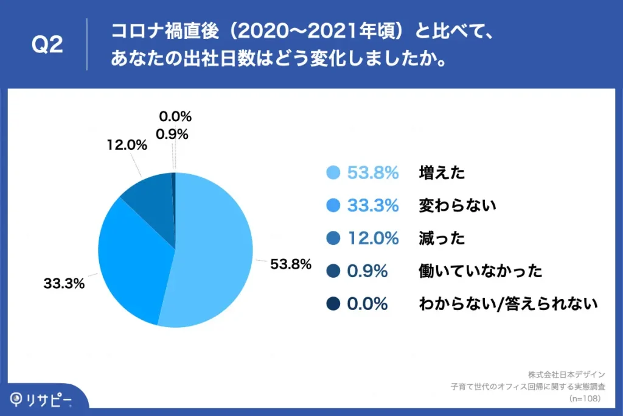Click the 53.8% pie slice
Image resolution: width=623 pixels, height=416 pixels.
[x=213, y=250]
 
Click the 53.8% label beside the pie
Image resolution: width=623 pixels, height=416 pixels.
[x=291, y=264]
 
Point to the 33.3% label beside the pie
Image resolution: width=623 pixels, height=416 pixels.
[x=63, y=283]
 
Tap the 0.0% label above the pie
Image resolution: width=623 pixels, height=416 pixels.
[x=175, y=116]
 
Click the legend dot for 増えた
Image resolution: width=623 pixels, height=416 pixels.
[x=333, y=173]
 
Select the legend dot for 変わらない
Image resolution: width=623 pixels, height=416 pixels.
[x=333, y=206]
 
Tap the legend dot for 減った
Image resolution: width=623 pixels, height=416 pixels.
[x=333, y=238]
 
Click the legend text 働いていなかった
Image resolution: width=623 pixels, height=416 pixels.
[x=480, y=271]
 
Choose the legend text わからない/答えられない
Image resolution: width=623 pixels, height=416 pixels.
[x=509, y=304]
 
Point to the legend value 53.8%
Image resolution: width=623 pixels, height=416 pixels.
[x=372, y=173]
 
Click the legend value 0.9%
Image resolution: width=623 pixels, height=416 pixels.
[x=367, y=271]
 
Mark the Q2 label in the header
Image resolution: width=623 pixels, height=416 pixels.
[x=47, y=45]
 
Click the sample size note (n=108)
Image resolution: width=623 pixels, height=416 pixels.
[x=585, y=398]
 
